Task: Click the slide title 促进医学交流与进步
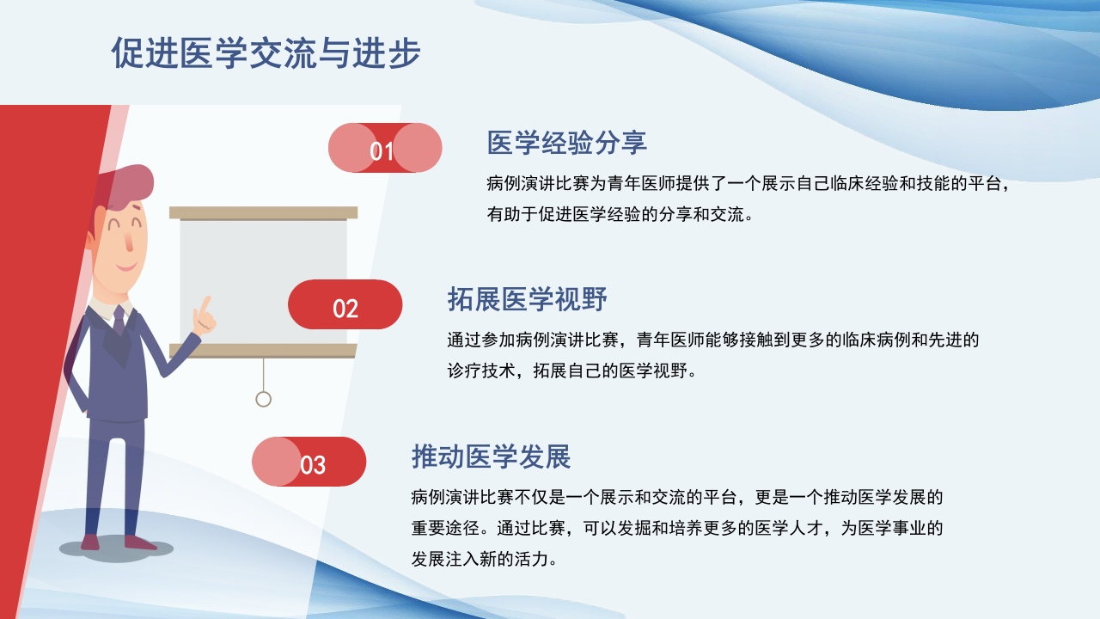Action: tap(266, 53)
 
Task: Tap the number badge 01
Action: tap(384, 149)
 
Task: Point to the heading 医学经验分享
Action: tap(566, 143)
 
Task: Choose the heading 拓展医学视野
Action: tap(527, 300)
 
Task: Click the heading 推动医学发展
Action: tap(491, 457)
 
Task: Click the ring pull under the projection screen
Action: tap(264, 399)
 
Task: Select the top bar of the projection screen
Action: tap(263, 212)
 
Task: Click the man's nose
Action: tap(129, 241)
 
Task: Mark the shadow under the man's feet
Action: tap(116, 549)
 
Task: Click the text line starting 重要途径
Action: tap(677, 528)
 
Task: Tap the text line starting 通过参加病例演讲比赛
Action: tap(712, 340)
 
